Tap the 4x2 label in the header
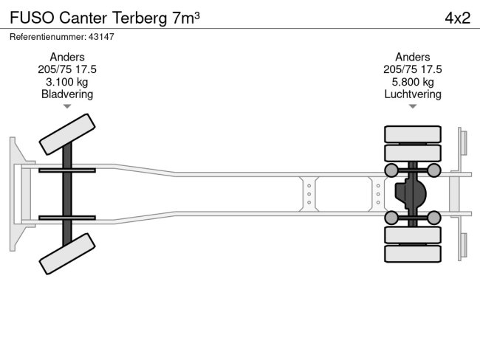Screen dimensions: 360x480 (457, 18)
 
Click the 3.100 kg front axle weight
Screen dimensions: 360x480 (67, 82)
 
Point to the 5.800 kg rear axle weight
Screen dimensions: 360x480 (413, 82)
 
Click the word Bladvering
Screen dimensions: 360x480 (67, 94)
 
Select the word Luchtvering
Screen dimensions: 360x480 (413, 94)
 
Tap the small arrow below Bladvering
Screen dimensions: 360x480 (67, 106)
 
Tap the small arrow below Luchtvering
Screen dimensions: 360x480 (413, 106)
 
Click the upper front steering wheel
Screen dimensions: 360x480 (65, 134)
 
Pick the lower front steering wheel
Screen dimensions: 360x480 (65, 255)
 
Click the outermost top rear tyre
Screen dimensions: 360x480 (413, 134)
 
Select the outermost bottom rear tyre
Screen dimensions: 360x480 (413, 253)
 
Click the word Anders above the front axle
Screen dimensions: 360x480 (67, 57)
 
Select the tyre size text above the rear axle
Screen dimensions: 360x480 (413, 69)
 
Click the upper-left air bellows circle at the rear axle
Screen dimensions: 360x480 (391, 171)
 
